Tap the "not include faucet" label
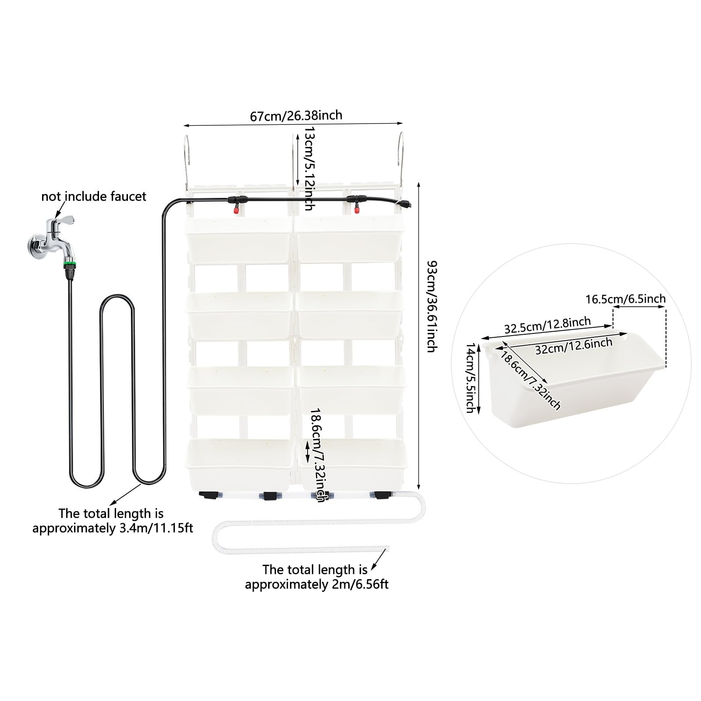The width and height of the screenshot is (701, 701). tap(94, 196)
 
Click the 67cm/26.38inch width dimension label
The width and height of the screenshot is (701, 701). tap(296, 116)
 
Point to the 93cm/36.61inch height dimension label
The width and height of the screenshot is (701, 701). tap(432, 306)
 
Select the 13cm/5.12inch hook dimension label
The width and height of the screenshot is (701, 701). tap(309, 168)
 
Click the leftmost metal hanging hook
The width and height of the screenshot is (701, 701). tap(187, 162)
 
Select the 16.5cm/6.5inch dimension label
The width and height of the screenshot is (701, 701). tap(626, 299)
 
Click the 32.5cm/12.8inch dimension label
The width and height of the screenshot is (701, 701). tap(548, 325)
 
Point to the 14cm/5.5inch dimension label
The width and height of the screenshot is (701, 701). tap(471, 378)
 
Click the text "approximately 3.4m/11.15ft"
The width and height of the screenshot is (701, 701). tap(113, 528)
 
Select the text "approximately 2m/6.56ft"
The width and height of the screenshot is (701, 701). tap(317, 584)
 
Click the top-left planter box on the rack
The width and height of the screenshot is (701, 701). tap(239, 240)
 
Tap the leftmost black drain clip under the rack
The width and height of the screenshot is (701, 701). tap(209, 495)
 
